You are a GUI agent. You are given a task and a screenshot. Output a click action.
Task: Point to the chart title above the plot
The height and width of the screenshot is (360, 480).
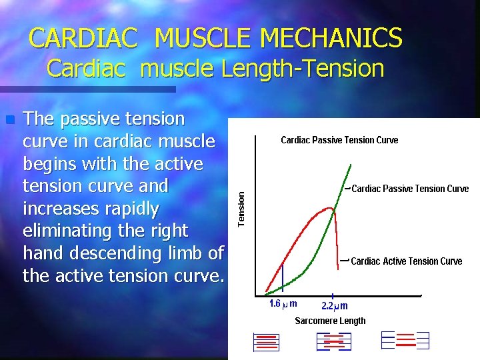(x=339, y=140)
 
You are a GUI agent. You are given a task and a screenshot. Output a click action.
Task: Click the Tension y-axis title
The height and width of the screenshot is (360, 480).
(x=242, y=207)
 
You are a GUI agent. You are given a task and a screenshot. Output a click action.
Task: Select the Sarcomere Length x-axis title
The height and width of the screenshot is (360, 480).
(x=330, y=321)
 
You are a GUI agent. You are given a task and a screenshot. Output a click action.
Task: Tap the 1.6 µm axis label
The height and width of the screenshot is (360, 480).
(x=283, y=304)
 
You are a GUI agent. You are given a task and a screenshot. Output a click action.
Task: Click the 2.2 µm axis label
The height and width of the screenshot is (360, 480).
(x=335, y=305)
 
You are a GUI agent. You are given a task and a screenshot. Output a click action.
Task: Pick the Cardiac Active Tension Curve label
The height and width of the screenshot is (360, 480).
(x=406, y=261)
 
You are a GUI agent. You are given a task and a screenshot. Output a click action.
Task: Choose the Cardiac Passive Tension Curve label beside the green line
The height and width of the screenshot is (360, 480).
(x=409, y=189)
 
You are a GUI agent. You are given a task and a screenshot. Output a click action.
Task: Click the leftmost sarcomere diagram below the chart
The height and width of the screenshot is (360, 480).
(x=267, y=341)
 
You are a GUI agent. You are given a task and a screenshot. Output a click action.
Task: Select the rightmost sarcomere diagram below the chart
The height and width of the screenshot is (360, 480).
(x=405, y=340)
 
